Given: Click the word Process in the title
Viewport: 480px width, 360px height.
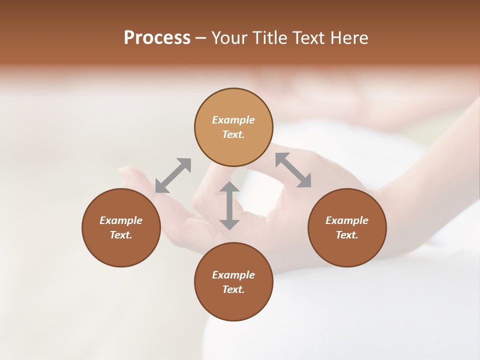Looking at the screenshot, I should pos(157,38).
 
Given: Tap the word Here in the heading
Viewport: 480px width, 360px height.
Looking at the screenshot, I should pos(348,38).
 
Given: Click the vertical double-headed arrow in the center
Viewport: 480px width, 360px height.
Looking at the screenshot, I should pos(229,205).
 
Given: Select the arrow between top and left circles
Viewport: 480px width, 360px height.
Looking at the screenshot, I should pos(173,175).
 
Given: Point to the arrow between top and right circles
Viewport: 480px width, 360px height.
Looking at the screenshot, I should pos(293,170).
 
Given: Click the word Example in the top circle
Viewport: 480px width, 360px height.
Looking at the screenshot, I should pos(233,120).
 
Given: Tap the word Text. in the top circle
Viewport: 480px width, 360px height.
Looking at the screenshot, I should pos(233,134).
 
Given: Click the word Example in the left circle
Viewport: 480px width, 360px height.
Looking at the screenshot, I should pos(121,220).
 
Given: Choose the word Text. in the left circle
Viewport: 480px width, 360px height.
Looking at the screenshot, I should pos(121,235).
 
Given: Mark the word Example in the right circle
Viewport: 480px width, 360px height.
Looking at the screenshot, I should pos(347,220).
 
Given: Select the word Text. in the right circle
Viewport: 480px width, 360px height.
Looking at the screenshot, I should pos(347,235).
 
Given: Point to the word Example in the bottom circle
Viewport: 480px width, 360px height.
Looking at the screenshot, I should pos(233,275).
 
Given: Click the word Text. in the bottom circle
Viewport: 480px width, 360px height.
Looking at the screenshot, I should pos(233,289).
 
